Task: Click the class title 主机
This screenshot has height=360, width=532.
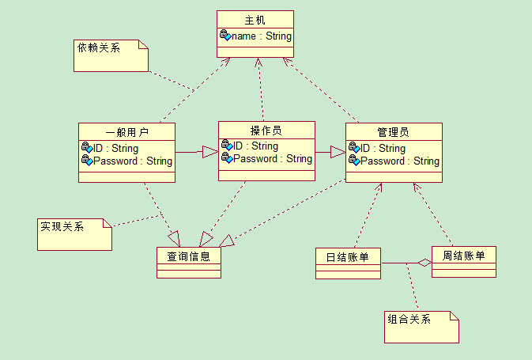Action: click(255, 20)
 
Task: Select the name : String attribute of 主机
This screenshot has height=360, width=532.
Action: click(261, 36)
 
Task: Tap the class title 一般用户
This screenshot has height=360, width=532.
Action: click(126, 132)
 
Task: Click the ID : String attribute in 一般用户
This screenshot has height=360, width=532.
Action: click(115, 148)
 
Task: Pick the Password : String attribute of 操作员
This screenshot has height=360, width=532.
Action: click(272, 158)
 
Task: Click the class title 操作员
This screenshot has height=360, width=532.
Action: click(266, 131)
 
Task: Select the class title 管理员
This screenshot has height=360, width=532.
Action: click(393, 132)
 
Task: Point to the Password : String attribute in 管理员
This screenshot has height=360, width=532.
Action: click(399, 161)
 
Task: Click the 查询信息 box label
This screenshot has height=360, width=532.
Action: click(188, 256)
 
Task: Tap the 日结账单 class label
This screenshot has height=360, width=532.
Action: click(348, 256)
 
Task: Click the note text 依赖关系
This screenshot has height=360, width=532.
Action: click(99, 48)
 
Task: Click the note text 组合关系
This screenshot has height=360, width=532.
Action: click(409, 320)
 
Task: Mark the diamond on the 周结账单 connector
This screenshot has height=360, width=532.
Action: click(424, 263)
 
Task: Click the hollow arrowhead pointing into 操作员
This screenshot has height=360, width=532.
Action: click(209, 151)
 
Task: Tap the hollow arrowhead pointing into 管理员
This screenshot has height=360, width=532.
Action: click(338, 151)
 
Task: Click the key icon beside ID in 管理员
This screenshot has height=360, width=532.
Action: click(354, 148)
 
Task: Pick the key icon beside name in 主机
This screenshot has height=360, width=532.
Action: click(225, 36)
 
